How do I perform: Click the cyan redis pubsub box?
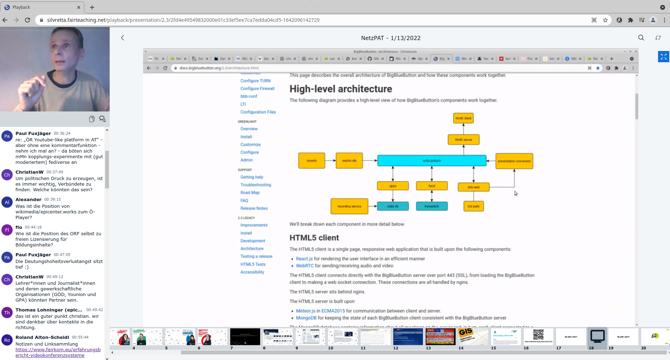[x=432, y=161]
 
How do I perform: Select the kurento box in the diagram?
[x=311, y=161]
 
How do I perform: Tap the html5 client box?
[x=463, y=118]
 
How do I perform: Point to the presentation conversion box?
[x=514, y=161]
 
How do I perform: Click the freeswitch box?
[x=432, y=206]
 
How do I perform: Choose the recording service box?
[x=349, y=206]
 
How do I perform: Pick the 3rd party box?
[x=473, y=206]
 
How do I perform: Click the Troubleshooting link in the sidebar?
[x=256, y=185]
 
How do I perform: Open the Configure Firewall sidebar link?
[x=257, y=89]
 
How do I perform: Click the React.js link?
[x=304, y=259]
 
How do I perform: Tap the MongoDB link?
[x=306, y=318]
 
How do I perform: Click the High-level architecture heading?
[x=341, y=89]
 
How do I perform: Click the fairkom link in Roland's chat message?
[x=58, y=352]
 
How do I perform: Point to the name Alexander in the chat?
[x=28, y=200]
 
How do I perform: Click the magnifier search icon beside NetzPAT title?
[x=641, y=38]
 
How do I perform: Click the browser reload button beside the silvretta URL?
[x=27, y=20]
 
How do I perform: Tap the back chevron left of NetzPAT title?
[x=123, y=38]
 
